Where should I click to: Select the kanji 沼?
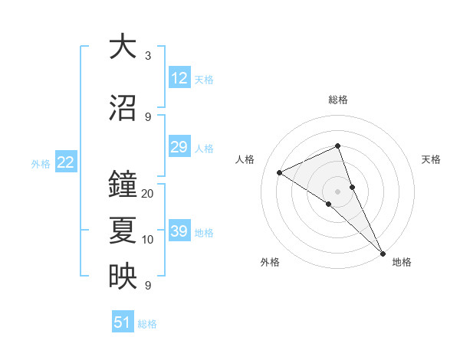tap(123, 108)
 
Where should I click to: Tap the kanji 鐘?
tap(123, 185)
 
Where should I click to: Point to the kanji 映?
tap(123, 277)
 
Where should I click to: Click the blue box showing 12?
tap(179, 78)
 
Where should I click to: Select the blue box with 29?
tap(179, 148)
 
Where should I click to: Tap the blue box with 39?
tap(179, 232)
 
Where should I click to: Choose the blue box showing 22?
tap(66, 162)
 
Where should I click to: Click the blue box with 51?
tap(123, 322)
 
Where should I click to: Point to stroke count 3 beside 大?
tap(148, 56)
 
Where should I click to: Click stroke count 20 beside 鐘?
tap(148, 194)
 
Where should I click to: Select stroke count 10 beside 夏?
tap(148, 240)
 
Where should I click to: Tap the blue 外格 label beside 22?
tap(41, 163)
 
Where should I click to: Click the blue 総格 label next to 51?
tap(147, 324)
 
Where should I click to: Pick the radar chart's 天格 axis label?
tap(431, 159)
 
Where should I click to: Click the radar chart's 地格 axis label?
tap(402, 262)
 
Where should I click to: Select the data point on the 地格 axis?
tap(382, 252)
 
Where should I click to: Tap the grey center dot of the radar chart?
tap(337, 191)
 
